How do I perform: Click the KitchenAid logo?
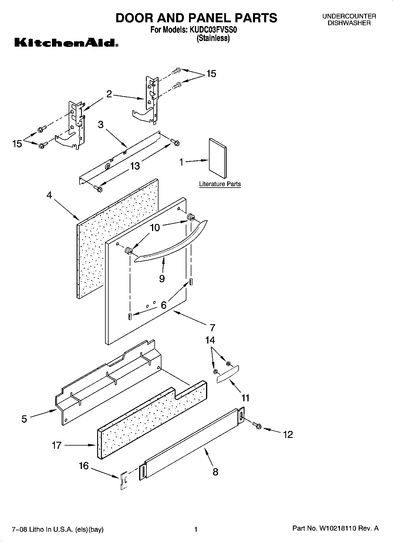66,43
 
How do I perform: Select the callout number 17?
56,445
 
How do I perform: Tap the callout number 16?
84,465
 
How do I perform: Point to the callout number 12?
288,434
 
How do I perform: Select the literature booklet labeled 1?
218,158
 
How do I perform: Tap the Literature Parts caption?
220,184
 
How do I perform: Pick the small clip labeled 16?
124,480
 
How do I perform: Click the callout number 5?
24,419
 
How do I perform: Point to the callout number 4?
49,195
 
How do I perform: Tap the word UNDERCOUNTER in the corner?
349,16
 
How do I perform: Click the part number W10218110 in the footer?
338,529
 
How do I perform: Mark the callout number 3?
101,125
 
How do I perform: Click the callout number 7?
212,327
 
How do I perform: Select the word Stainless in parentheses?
213,38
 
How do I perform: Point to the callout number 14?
210,340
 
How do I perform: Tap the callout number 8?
215,472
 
